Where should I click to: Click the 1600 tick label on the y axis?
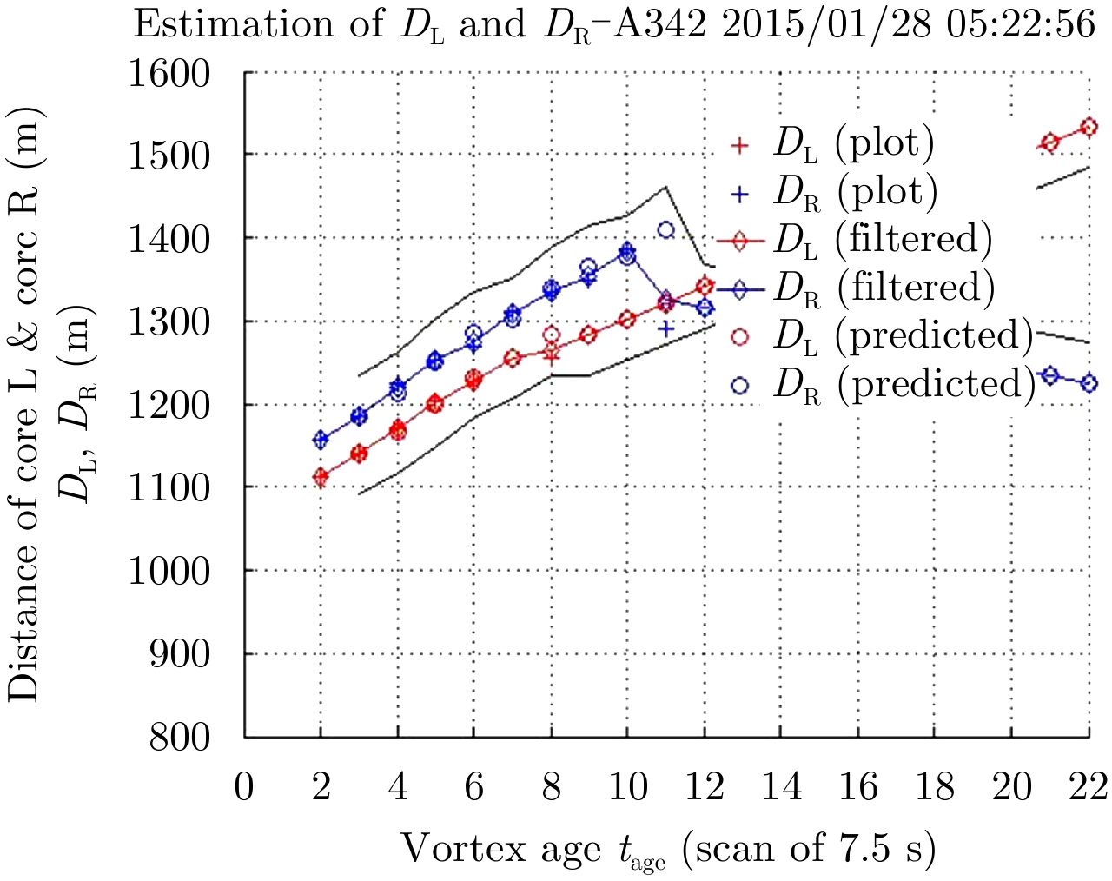tap(171, 72)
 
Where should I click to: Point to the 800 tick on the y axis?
tap(181, 737)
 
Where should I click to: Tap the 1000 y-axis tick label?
tap(171, 571)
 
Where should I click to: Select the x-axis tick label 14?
tap(781, 787)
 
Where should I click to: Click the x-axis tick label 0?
tap(244, 787)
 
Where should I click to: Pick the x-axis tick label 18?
tap(935, 787)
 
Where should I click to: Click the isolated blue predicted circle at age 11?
tap(666, 230)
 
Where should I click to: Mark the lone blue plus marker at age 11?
tap(666, 328)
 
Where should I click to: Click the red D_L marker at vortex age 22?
tap(1089, 128)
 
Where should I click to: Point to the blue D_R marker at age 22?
tap(1089, 383)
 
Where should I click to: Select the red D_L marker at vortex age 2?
tap(321, 476)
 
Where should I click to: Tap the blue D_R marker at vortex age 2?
tap(321, 440)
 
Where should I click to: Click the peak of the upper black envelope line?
tap(665, 186)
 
